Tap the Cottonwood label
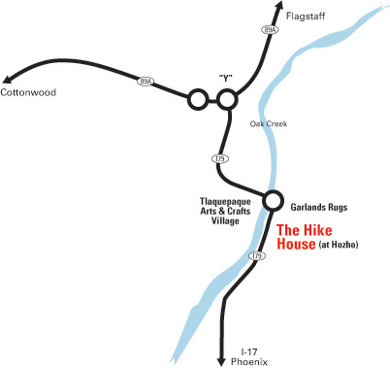point(28,93)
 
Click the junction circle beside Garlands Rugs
point(272,199)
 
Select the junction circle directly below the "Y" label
point(228,99)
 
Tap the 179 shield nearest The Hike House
point(255,256)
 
